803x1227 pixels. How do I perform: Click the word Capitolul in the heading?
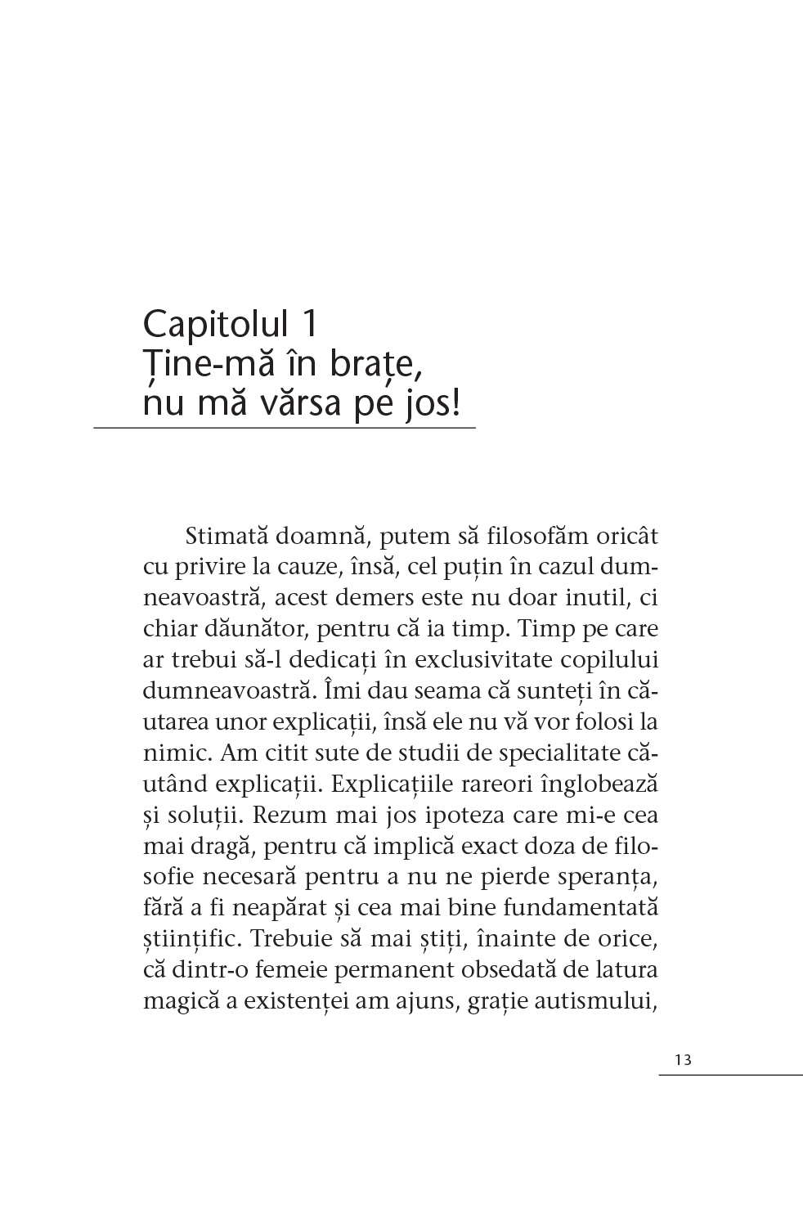click(x=216, y=325)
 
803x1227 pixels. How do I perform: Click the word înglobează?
click(x=599, y=784)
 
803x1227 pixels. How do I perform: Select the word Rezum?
click(x=289, y=816)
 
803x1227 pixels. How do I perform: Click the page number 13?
click(x=684, y=1060)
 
